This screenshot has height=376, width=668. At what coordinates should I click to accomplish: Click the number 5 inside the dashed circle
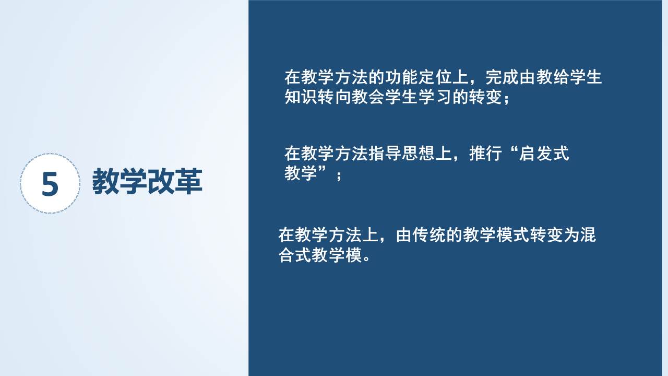50,184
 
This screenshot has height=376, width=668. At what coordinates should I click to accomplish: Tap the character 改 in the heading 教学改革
161,181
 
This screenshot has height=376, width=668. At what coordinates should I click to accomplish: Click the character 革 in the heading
188,181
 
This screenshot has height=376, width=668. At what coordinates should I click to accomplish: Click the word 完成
502,77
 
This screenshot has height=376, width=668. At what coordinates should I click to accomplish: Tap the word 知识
301,97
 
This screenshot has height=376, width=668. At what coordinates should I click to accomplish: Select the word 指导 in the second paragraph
385,154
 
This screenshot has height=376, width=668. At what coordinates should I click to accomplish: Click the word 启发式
544,154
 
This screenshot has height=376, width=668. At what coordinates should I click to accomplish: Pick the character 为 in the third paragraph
571,235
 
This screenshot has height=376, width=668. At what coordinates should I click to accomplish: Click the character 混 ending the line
588,235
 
